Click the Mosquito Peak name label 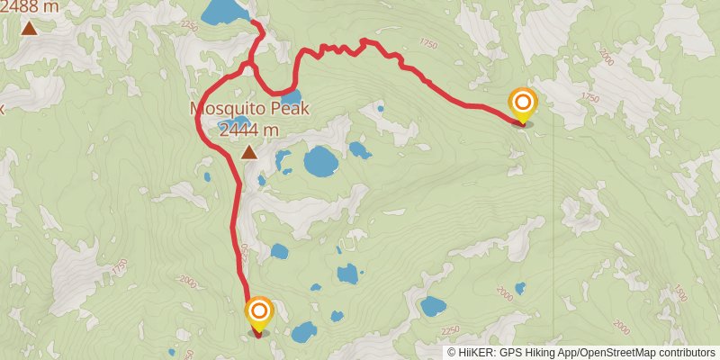[x=249, y=109]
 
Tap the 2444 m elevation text [x=249, y=130]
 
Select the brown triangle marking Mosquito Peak [x=249, y=152]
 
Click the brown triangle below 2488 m [x=29, y=28]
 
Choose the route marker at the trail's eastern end [x=522, y=103]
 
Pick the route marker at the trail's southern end [x=259, y=313]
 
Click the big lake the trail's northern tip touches [x=225, y=12]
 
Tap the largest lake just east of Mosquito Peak [x=320, y=162]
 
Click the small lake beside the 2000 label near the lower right [x=520, y=288]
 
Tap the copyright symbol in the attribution [x=452, y=353]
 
